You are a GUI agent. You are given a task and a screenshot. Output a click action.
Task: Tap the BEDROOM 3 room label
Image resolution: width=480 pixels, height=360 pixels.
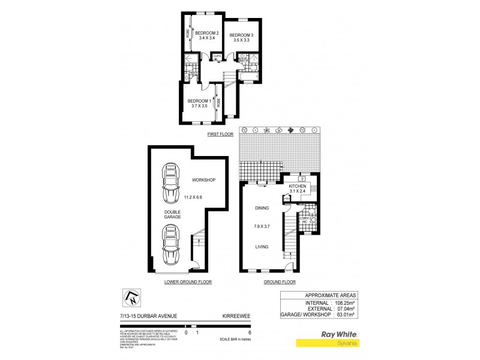pos(242,35)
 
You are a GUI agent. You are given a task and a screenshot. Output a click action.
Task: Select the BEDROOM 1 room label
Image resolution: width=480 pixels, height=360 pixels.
pos(199,101)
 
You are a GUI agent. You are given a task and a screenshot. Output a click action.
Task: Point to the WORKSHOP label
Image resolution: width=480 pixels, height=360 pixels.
pos(203,180)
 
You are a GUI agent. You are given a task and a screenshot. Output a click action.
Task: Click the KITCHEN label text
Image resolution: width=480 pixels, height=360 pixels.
pos(298,187)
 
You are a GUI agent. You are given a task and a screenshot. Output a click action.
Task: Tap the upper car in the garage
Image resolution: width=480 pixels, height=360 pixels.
pos(171,182)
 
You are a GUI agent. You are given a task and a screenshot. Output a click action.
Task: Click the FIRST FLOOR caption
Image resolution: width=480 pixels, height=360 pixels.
pos(220,134)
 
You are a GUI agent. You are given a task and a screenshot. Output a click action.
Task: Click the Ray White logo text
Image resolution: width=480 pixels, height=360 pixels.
pos(340,334)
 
